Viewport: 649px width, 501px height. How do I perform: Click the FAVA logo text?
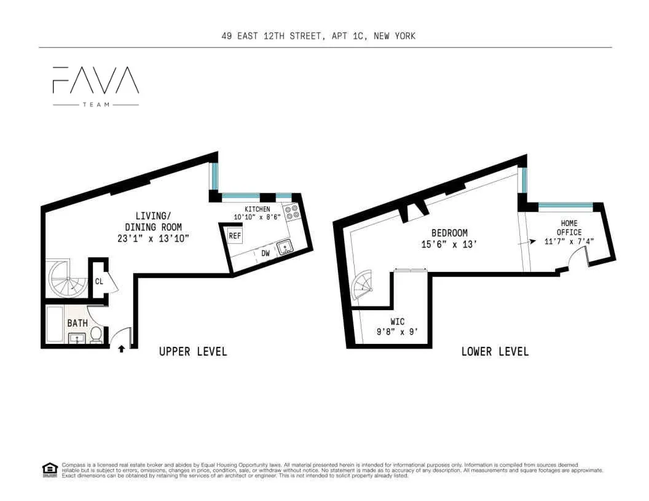[96, 80]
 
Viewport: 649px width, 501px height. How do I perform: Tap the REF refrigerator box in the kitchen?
[234, 236]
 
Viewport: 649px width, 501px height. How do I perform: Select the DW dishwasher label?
[265, 252]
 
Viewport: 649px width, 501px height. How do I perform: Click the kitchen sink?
[285, 247]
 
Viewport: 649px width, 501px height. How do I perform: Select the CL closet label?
[99, 282]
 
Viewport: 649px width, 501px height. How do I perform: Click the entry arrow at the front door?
[121, 349]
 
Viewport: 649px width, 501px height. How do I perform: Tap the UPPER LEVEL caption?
[193, 352]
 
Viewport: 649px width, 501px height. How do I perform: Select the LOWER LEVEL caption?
[495, 352]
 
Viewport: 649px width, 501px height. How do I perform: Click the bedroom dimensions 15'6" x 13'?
[449, 244]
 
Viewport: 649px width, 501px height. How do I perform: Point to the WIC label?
[398, 322]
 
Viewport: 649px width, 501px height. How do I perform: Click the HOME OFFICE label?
[569, 228]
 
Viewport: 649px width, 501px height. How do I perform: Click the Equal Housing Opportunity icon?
[49, 470]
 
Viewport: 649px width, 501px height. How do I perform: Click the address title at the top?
[318, 36]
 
